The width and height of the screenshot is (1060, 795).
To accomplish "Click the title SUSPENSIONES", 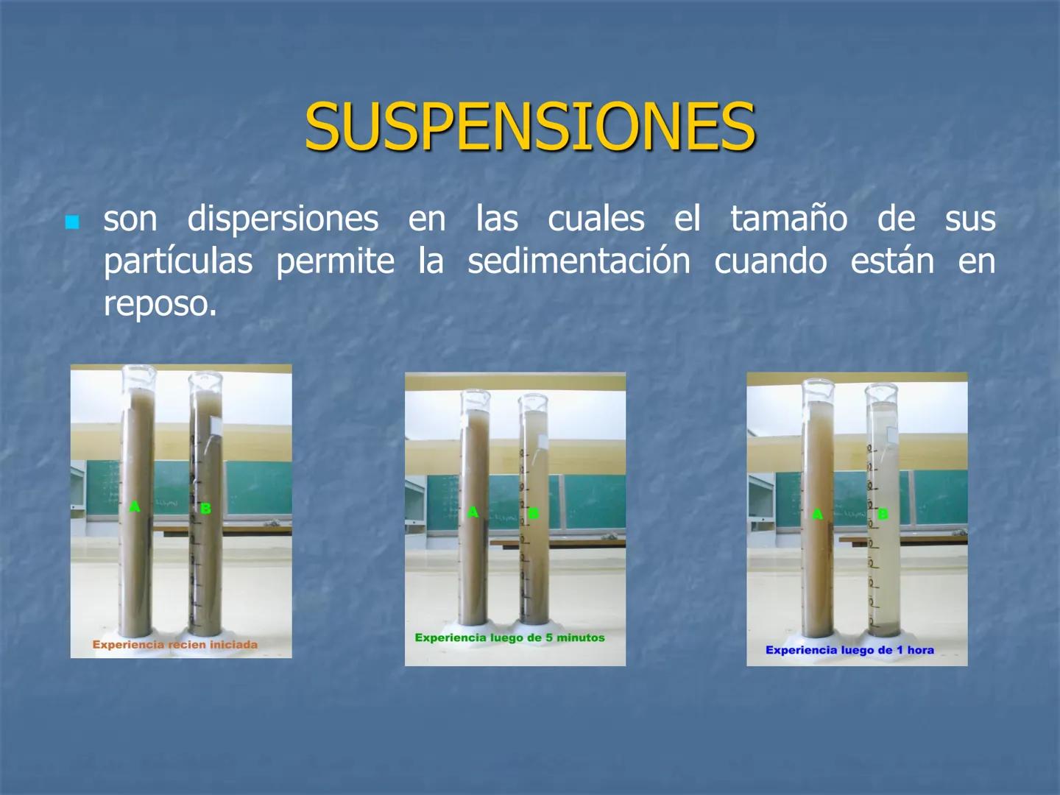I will (x=530, y=127).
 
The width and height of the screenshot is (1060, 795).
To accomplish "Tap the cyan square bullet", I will (x=72, y=222).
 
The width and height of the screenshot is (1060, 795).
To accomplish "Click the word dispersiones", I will (x=283, y=219).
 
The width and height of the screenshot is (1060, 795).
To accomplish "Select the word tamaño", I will (x=788, y=219).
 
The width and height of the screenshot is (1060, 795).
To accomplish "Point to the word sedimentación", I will (x=579, y=262).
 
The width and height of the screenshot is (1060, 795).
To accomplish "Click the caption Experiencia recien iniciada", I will (x=175, y=645).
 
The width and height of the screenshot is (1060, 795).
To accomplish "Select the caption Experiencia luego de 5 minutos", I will (x=509, y=637).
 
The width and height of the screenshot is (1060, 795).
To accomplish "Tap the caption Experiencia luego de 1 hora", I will (x=849, y=650).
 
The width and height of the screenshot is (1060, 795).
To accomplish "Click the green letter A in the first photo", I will (x=134, y=506).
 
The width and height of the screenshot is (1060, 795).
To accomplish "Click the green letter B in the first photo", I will (x=205, y=508).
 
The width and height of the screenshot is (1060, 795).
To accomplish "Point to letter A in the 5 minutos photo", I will (x=473, y=512).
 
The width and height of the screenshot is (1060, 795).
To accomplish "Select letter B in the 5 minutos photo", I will (x=534, y=513).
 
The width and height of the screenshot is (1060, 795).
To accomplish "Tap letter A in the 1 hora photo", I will (x=817, y=514).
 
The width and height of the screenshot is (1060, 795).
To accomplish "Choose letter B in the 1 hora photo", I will (x=883, y=514).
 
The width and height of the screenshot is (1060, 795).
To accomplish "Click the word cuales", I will (x=596, y=219).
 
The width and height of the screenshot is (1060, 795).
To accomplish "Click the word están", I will (x=892, y=262).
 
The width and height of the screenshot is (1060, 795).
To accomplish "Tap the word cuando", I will (x=770, y=262).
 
